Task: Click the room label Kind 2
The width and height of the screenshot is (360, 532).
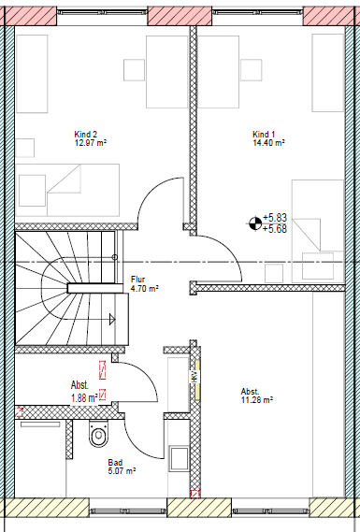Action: point(85,134)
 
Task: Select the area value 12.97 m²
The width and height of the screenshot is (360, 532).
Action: point(90,144)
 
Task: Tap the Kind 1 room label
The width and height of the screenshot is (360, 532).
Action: point(265,134)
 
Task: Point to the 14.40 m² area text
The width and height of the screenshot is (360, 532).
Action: point(268,144)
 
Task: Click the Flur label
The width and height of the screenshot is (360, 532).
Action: point(137,280)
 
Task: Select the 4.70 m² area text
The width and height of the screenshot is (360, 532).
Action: point(143,290)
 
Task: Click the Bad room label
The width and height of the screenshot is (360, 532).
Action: point(115,462)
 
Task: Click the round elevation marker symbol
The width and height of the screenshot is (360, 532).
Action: point(252,222)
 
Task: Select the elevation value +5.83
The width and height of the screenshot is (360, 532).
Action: point(275,216)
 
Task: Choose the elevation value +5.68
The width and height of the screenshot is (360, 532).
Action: point(275,227)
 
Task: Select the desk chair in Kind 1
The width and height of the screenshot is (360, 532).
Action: point(251,71)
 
